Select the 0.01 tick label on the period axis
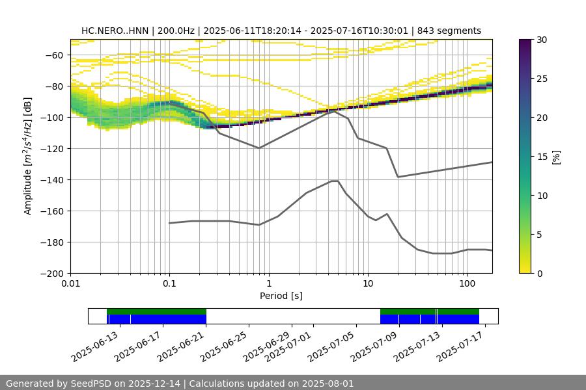(70, 284)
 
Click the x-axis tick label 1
(268, 284)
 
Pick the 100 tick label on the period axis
(466, 284)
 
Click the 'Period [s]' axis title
(281, 296)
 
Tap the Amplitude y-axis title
(28, 156)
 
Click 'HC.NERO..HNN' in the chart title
(115, 31)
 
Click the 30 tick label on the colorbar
(542, 40)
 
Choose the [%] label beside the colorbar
(556, 157)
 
